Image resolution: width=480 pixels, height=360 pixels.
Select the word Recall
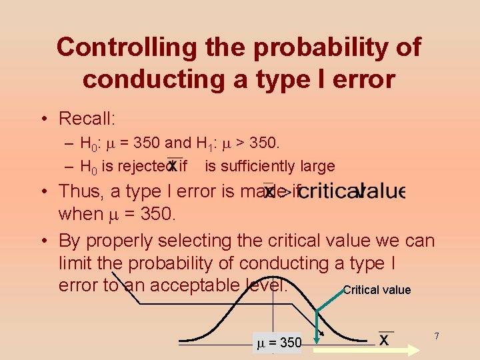click(x=87, y=119)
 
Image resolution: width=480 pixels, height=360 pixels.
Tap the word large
click(x=317, y=165)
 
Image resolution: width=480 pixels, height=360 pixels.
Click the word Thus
click(x=80, y=191)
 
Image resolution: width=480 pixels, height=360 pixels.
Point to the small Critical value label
click(x=377, y=290)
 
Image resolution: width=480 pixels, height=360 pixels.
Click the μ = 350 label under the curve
click(x=279, y=343)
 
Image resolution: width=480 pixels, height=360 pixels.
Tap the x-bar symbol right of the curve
click(x=385, y=338)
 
